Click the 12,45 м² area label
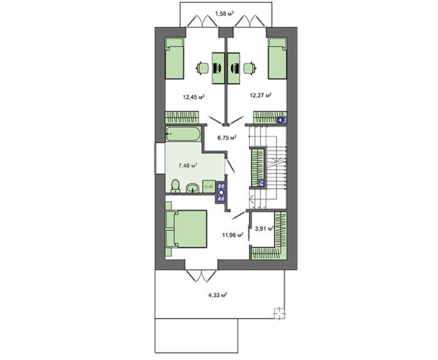click(193, 97)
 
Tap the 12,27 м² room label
click(261, 95)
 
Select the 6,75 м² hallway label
click(227, 137)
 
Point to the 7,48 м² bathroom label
click(188, 165)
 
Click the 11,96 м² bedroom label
click(232, 235)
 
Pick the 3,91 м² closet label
click(264, 229)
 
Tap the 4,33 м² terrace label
click(217, 295)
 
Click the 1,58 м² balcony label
click(224, 13)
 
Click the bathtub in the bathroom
click(183, 134)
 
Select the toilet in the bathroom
click(175, 187)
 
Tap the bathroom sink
click(192, 188)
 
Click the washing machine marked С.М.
click(209, 187)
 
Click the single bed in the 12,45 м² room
click(175, 58)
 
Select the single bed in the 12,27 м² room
click(278, 58)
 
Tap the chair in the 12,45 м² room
click(203, 68)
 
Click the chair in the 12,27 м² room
click(250, 68)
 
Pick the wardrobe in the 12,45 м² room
click(182, 118)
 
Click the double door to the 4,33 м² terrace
click(201, 275)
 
